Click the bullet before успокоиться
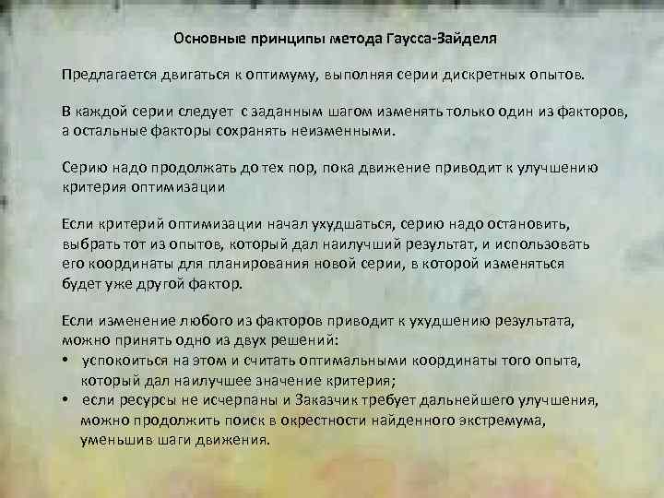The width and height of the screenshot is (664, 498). pos(66,360)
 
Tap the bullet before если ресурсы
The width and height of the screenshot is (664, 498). pos(66,400)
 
